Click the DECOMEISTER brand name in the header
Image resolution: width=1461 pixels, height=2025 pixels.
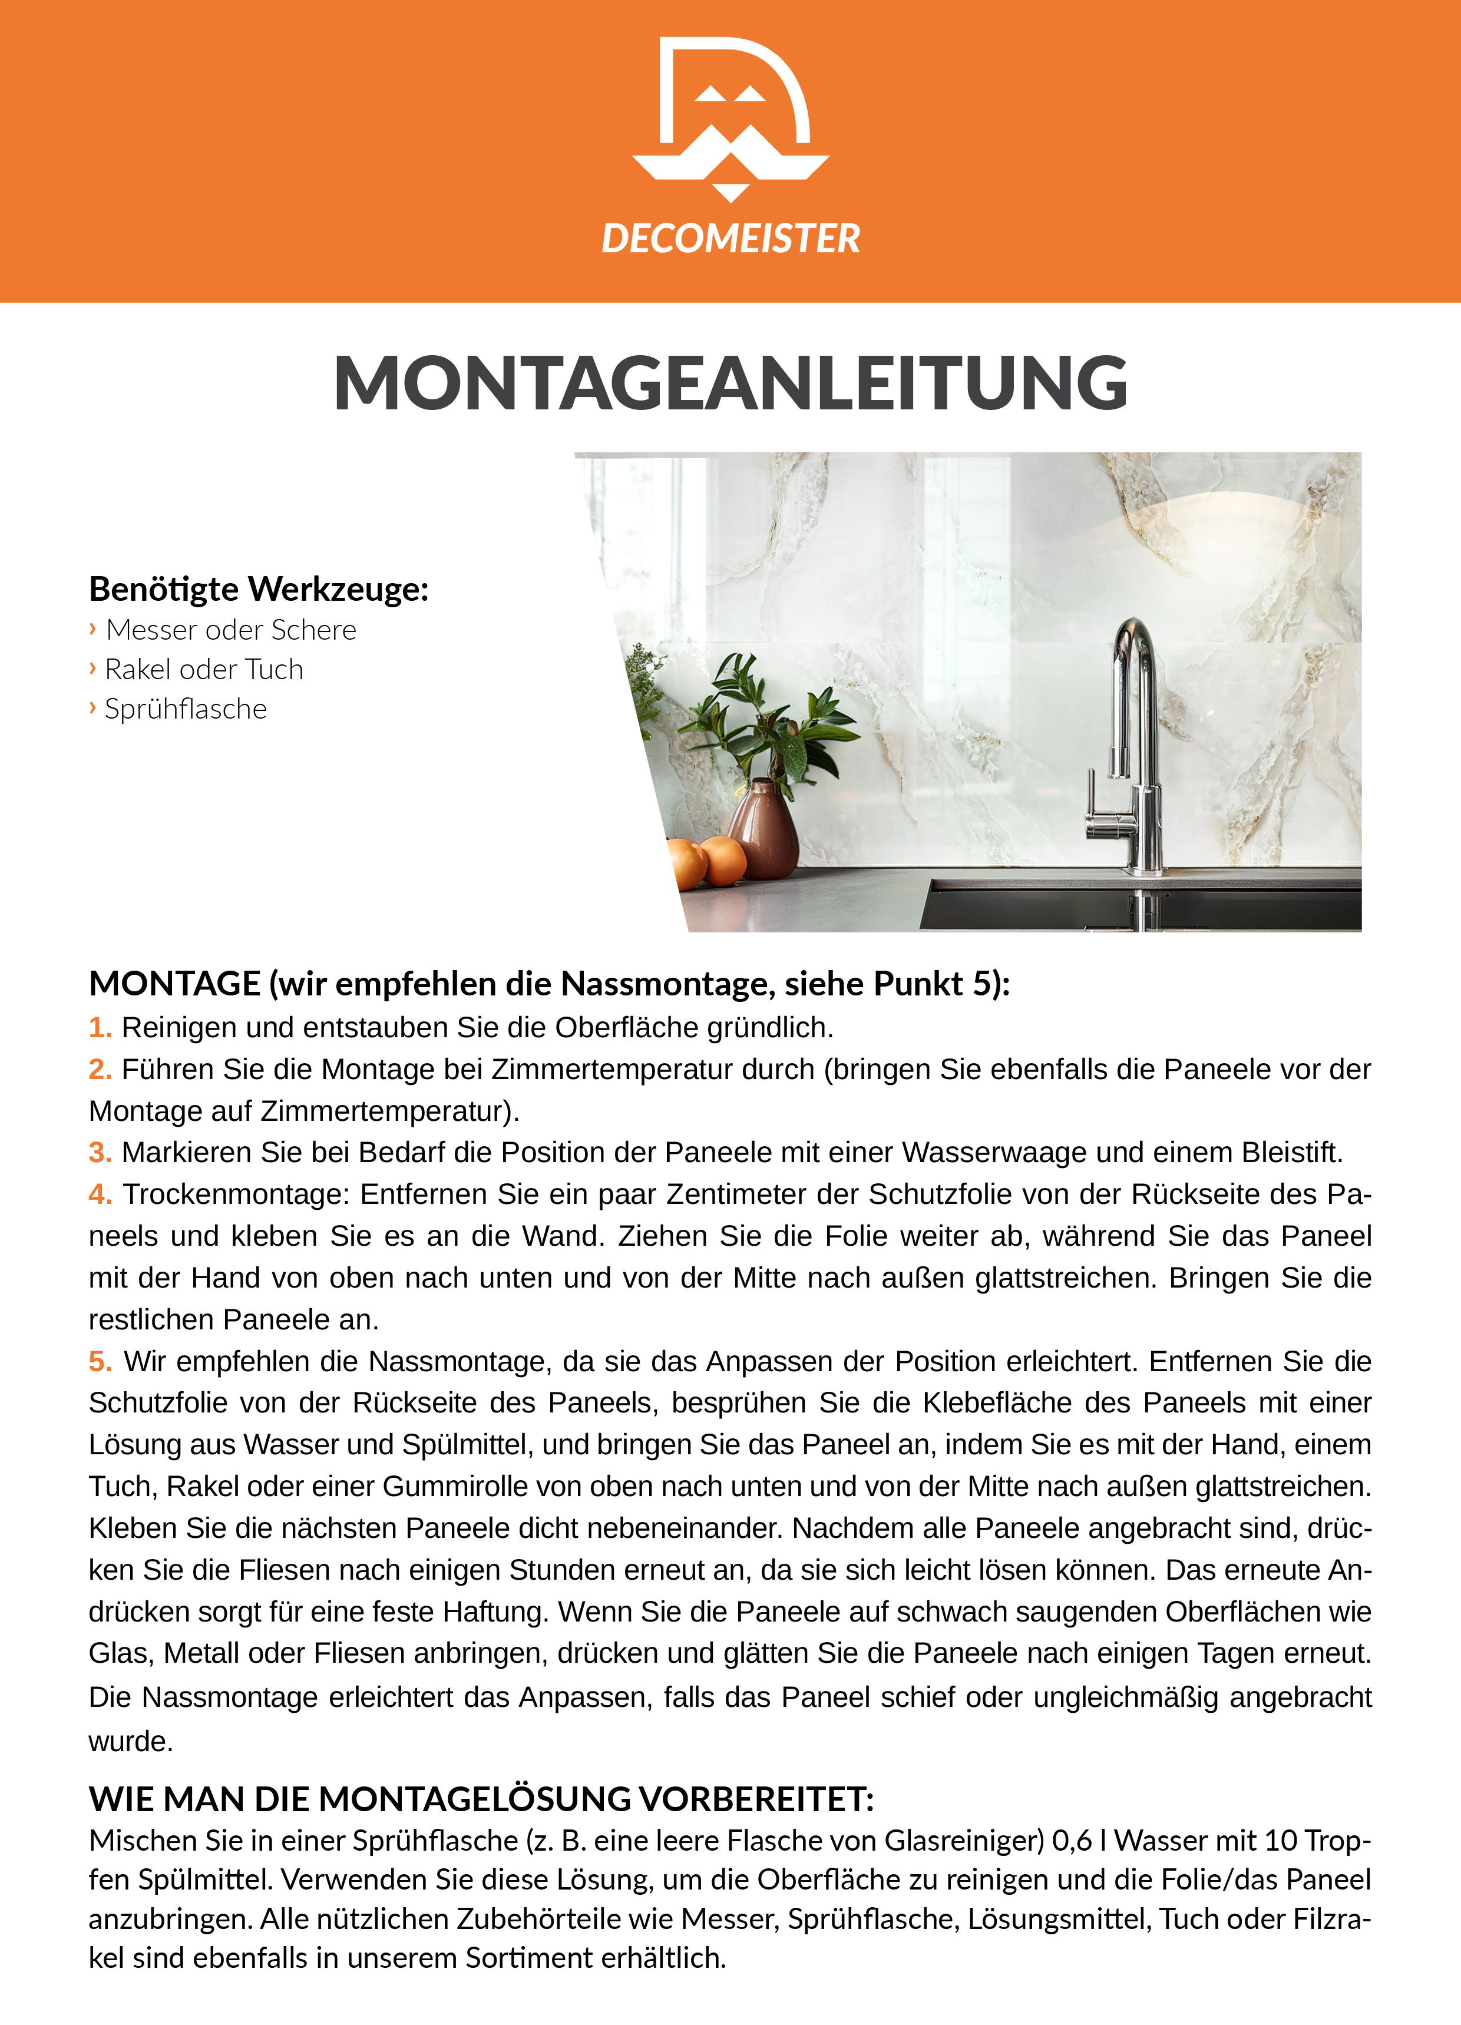[730, 239]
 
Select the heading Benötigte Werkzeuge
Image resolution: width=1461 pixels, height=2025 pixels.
[259, 589]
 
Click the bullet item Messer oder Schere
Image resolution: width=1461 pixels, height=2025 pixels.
[230, 630]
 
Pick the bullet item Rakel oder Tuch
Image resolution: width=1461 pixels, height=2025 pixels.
[204, 670]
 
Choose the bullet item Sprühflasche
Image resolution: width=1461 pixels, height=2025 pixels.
[186, 709]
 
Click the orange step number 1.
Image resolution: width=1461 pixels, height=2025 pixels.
[99, 1028]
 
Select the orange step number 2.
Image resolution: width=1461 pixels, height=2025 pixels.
[99, 1070]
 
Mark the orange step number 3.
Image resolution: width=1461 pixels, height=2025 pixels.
[99, 1153]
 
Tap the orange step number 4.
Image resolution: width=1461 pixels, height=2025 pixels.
[99, 1195]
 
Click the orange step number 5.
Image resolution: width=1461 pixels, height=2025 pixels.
[99, 1362]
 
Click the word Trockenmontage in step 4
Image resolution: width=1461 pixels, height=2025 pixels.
[237, 1195]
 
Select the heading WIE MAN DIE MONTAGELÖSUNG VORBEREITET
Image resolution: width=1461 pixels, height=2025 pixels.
[481, 1799]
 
